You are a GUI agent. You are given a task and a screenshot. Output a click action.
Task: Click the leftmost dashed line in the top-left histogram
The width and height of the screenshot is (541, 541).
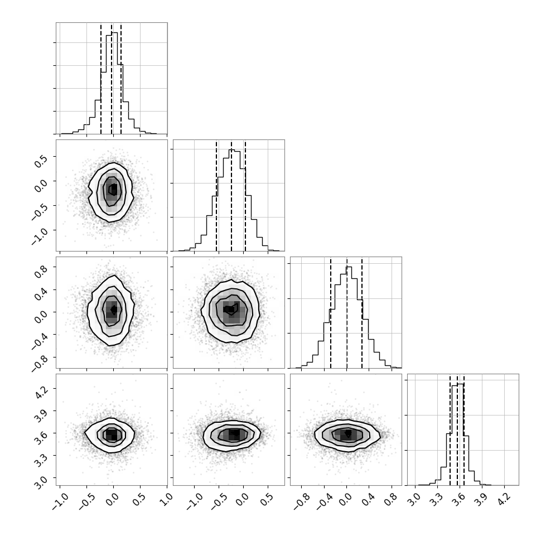(101, 79)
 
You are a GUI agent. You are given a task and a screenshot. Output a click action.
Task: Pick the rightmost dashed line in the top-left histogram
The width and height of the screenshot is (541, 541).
(121, 79)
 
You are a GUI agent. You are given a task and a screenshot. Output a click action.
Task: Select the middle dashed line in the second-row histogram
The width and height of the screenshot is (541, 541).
(231, 196)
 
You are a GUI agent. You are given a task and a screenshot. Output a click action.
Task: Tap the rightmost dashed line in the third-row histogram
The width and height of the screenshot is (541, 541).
(362, 313)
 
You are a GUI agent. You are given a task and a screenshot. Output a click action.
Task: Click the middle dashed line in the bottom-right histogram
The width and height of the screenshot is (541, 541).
(457, 430)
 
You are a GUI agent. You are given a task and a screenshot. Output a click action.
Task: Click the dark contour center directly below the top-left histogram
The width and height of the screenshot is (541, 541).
(113, 189)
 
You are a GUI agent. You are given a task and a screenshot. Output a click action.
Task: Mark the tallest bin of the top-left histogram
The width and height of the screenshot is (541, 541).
(114, 83)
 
